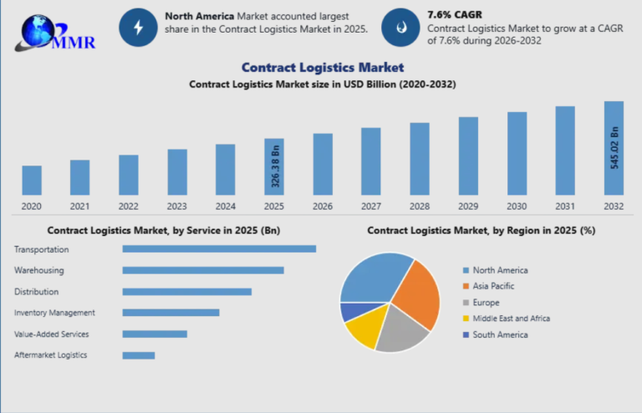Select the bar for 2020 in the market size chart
32,180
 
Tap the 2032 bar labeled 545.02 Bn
614,148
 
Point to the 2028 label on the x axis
420,206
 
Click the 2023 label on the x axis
177,206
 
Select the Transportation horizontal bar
219,248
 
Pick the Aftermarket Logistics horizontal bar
139,355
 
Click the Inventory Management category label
54,313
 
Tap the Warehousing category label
38,270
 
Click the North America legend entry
499,270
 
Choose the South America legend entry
499,334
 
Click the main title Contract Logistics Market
322,67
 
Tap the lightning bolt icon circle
138,28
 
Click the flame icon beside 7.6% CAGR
400,28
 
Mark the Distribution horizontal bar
186,292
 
